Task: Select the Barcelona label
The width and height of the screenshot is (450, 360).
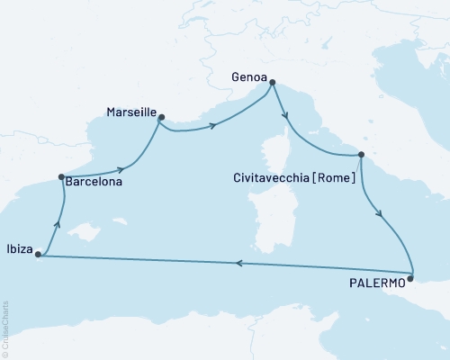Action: (94, 180)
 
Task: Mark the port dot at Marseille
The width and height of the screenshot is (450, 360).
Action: (161, 117)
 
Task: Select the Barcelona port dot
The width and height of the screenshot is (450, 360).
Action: (60, 177)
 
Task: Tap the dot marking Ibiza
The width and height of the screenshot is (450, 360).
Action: (38, 255)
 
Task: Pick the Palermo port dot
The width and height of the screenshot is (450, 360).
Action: (409, 280)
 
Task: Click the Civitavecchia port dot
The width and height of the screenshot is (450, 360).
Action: (361, 155)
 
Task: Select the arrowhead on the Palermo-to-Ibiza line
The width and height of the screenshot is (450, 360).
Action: (239, 264)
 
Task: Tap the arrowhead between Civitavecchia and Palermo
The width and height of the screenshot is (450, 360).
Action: (381, 216)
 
